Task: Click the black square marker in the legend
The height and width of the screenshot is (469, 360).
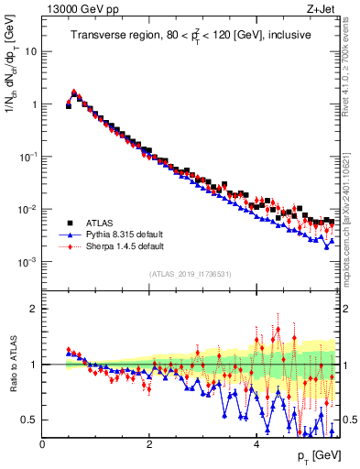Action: click(68, 223)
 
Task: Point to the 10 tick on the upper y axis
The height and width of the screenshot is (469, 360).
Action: click(31, 51)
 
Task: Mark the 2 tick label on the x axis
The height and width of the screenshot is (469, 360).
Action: click(149, 444)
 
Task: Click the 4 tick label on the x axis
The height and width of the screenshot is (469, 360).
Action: click(256, 444)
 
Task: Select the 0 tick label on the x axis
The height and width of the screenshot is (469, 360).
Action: click(43, 444)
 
